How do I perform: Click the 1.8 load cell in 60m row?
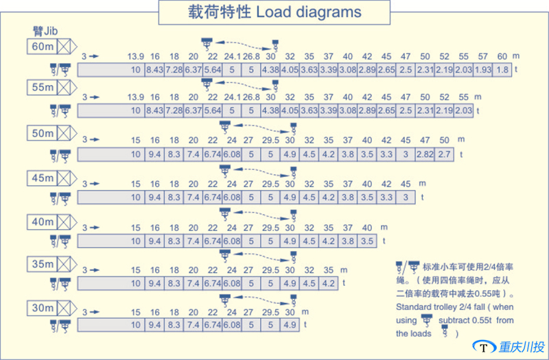(x=502, y=70)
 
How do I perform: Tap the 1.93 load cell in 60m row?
(x=483, y=70)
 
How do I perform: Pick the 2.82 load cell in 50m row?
(x=425, y=154)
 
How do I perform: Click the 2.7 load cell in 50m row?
(x=444, y=154)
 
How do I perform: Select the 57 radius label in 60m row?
(x=482, y=56)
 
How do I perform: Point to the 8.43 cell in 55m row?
(x=155, y=111)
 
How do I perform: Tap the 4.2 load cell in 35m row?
(x=329, y=283)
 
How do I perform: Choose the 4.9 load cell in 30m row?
(x=290, y=325)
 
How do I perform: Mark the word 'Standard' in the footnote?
(x=414, y=307)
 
